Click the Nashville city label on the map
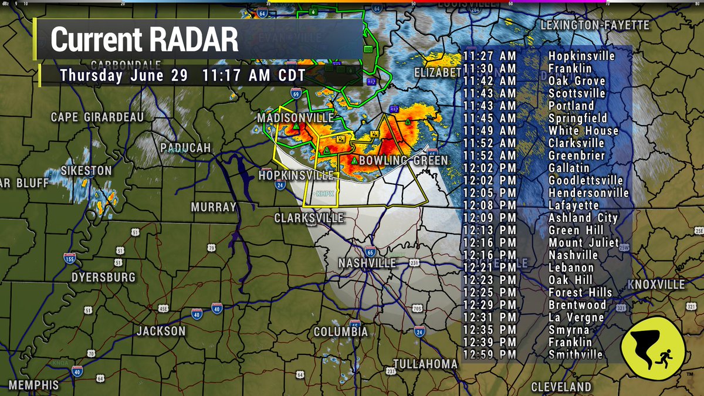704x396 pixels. tap(367, 263)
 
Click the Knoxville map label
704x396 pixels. tap(656, 285)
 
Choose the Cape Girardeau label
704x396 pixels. tap(97, 117)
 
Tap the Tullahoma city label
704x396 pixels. tap(425, 364)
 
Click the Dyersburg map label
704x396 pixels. tap(103, 277)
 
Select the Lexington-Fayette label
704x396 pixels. tap(594, 26)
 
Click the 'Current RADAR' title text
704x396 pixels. tap(144, 39)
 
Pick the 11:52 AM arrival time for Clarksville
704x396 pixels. tap(489, 144)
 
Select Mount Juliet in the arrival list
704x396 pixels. tap(584, 243)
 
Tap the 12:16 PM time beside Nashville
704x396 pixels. tap(489, 256)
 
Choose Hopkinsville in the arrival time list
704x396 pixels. tap(581, 56)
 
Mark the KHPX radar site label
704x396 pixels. tap(324, 194)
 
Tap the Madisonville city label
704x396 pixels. tap(295, 119)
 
